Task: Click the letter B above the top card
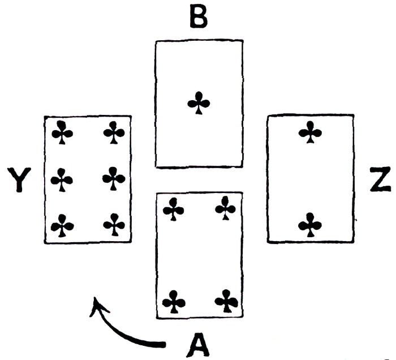tap(198, 18)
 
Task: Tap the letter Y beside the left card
tap(20, 181)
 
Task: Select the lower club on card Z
tap(310, 225)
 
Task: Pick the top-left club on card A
tap(173, 209)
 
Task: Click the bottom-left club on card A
tap(174, 301)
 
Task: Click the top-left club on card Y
tap(62, 133)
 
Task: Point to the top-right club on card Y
tap(114, 133)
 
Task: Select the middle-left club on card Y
tap(62, 180)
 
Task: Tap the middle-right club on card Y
tap(114, 179)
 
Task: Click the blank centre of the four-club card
tap(199, 255)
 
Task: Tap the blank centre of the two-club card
tap(310, 179)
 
